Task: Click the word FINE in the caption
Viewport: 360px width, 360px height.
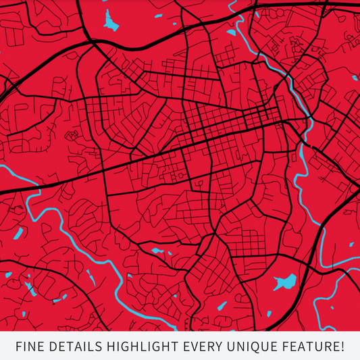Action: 30,347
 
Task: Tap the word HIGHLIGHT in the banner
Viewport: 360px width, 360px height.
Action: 145,347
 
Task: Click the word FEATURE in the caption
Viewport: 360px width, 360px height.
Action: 307,347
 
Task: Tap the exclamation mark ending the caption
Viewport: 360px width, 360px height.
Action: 342,347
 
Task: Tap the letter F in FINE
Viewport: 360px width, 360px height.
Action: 18,347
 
